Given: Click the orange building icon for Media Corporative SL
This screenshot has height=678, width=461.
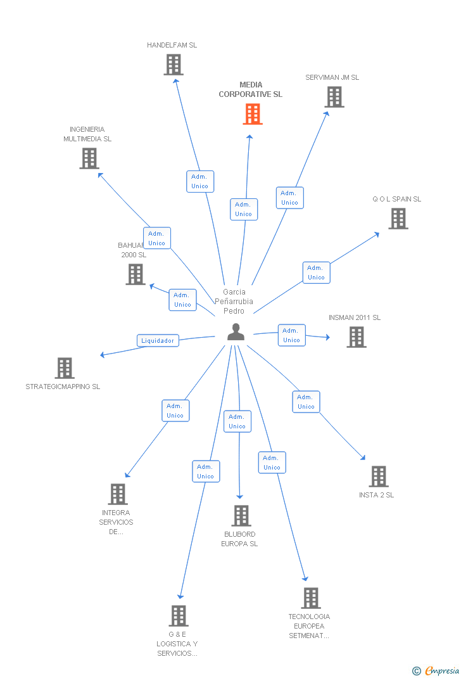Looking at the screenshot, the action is (253, 114).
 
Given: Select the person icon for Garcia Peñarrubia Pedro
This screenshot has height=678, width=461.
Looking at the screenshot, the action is (236, 332).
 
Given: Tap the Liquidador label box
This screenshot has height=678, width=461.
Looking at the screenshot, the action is (158, 340).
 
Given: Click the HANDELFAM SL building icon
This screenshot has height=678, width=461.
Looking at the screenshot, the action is (174, 65).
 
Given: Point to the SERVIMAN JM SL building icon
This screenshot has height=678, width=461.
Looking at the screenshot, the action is (334, 97).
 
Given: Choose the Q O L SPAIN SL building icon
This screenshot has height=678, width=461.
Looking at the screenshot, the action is (398, 219).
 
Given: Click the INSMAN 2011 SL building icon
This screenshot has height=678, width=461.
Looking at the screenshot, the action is (357, 337).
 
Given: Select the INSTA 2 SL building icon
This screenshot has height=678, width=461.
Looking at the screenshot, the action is (378, 477).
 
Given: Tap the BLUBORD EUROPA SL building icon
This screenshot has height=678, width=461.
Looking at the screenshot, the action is (241, 516).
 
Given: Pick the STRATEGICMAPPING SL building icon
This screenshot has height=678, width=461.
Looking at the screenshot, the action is (65, 368).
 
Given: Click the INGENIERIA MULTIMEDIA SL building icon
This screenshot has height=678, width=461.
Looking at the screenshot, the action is (89, 158).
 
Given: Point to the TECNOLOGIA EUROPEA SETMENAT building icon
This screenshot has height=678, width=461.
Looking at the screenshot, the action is (310, 598).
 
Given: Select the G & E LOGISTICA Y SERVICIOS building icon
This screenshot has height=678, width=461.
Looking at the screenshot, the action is (179, 616).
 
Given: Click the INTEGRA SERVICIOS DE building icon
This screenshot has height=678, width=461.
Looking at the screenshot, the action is (117, 494).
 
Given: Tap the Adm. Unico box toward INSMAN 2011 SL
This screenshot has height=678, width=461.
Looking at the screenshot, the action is (291, 335).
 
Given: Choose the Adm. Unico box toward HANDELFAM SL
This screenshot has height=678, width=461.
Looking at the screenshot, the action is (199, 181).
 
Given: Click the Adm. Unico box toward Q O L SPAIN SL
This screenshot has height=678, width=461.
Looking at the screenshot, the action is (316, 272).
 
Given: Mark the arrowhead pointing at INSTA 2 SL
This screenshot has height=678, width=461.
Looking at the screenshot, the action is (363, 457).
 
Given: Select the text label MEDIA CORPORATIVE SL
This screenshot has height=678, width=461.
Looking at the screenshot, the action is (251, 89).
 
